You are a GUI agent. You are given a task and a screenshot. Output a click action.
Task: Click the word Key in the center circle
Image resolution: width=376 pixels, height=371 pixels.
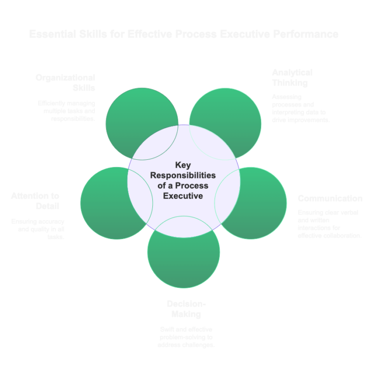coord(183,165)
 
